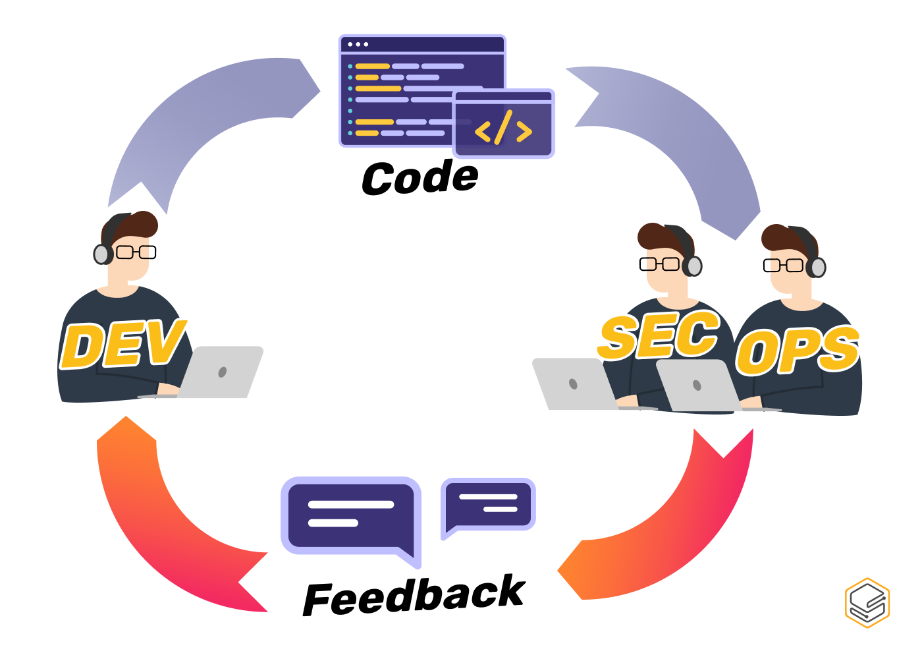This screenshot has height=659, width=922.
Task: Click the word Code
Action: (x=420, y=178)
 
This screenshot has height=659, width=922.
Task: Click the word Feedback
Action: (x=414, y=596)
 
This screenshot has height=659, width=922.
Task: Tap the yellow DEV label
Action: (x=122, y=345)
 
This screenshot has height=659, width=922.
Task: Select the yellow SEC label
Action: (x=659, y=336)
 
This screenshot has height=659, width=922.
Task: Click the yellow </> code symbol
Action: (x=503, y=129)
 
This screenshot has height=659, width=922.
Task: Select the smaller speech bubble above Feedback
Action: (x=488, y=505)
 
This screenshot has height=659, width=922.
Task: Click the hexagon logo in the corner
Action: (x=867, y=602)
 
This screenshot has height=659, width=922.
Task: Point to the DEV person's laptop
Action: (x=221, y=373)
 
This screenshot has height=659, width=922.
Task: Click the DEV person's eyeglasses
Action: (x=136, y=252)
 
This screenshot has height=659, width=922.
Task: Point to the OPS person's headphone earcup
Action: (x=817, y=268)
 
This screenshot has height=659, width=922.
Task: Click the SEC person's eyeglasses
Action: (x=659, y=264)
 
